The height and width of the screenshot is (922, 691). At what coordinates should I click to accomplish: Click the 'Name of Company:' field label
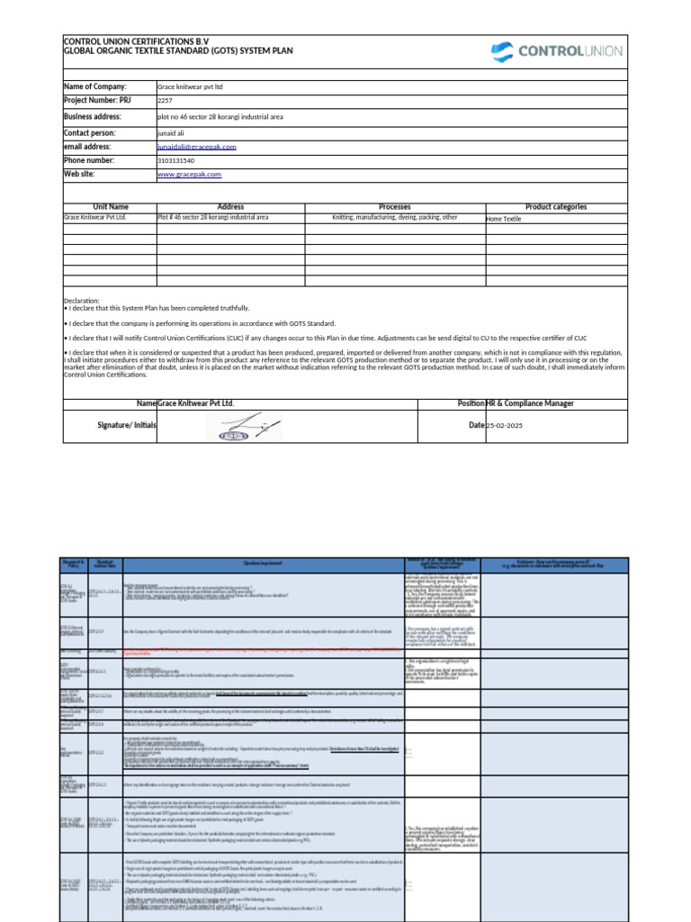tap(94, 86)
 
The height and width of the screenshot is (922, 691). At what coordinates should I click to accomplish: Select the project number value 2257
tap(165, 101)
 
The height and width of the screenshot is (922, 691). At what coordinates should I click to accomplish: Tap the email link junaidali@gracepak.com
tap(196, 146)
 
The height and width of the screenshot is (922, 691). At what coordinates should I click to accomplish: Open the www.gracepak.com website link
tap(189, 175)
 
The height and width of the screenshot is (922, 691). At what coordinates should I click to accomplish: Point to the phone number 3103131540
tap(175, 160)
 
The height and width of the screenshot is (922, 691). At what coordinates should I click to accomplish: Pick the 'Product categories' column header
tap(556, 207)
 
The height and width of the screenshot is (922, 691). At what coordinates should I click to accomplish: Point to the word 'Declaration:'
tap(82, 301)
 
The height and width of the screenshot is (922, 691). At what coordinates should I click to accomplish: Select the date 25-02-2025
tap(504, 425)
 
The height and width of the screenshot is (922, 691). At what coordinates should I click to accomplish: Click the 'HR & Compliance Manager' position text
tap(529, 403)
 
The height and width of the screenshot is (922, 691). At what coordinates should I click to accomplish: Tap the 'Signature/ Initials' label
tap(125, 424)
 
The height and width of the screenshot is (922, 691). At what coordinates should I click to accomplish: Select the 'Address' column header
tap(230, 207)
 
